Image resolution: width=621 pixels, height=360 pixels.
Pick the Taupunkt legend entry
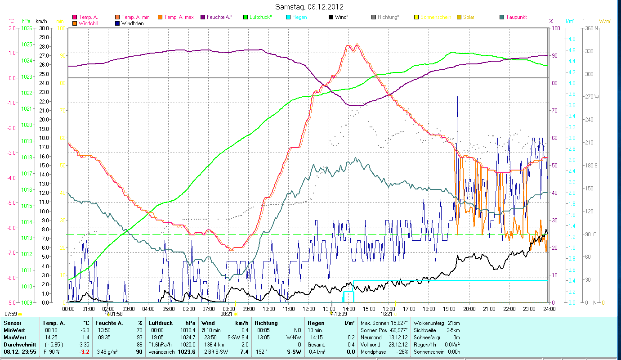(516, 17)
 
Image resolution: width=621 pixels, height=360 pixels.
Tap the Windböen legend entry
(132, 23)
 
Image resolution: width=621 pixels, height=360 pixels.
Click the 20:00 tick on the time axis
(469, 309)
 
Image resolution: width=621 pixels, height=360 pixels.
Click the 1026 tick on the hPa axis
(26, 28)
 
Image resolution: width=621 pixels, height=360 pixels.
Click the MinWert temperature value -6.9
(85, 330)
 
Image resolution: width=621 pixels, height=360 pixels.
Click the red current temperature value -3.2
(85, 352)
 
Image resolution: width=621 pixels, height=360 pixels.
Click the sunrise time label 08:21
(226, 314)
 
